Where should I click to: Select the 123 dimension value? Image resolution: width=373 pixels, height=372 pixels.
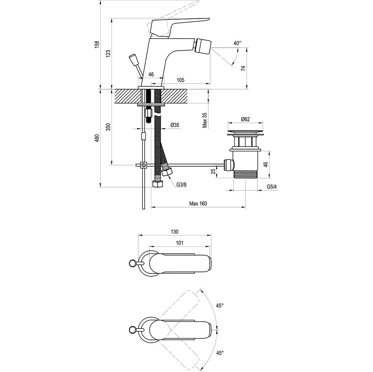click(x=108, y=54)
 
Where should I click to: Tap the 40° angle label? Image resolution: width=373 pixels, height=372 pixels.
click(x=237, y=43)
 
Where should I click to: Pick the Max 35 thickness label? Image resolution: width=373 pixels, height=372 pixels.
click(x=205, y=120)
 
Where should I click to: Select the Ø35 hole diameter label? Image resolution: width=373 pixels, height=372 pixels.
click(x=175, y=125)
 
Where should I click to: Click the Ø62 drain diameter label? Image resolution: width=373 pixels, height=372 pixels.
click(x=245, y=119)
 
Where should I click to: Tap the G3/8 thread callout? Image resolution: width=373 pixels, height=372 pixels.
click(x=181, y=185)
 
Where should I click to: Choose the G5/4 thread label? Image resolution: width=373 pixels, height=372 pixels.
click(x=272, y=186)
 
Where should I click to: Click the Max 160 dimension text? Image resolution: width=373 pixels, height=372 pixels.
click(x=198, y=203)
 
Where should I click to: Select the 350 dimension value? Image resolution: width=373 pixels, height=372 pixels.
click(x=108, y=127)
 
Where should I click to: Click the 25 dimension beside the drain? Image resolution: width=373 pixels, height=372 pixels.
click(x=213, y=172)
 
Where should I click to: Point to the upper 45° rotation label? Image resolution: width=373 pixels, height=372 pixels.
click(x=220, y=305)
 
